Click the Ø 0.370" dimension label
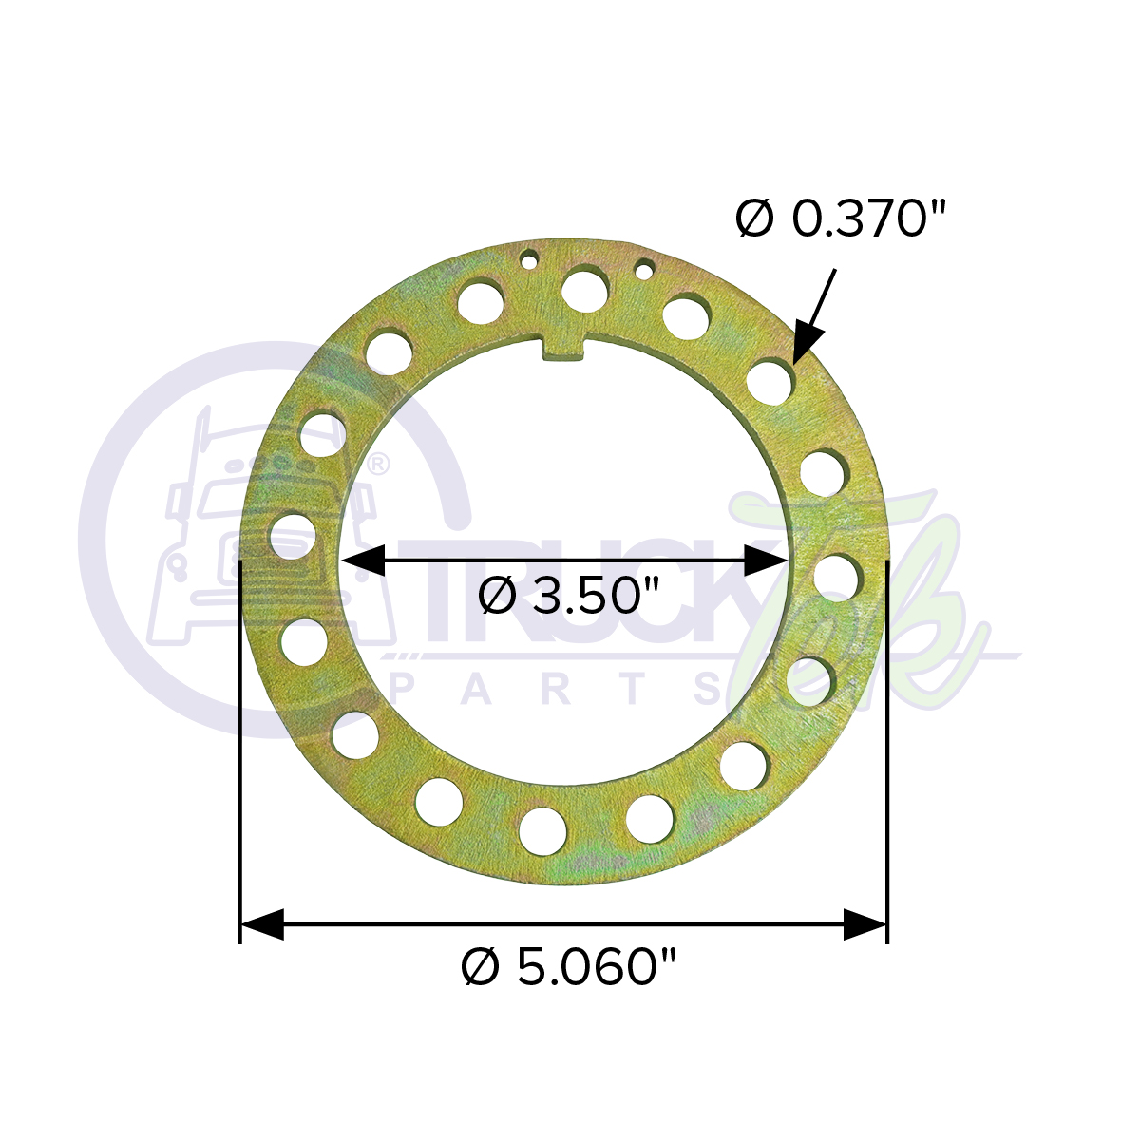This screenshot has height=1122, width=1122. click(841, 219)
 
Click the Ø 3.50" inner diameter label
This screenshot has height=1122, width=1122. click(568, 596)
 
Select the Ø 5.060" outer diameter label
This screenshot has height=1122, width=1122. click(568, 966)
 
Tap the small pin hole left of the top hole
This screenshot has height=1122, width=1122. click(529, 260)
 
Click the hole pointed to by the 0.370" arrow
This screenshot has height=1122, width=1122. click(770, 384)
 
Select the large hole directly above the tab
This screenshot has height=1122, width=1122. click(585, 291)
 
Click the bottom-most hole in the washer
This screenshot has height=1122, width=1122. click(543, 830)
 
